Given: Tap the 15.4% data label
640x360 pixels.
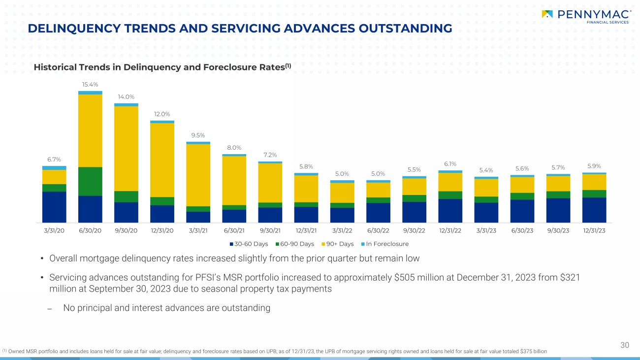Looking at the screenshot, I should [x=90, y=85].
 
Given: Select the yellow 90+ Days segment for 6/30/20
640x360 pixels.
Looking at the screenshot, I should [x=90, y=131].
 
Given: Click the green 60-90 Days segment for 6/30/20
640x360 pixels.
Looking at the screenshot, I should [x=90, y=181].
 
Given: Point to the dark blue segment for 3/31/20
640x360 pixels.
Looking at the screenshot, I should [x=54, y=207].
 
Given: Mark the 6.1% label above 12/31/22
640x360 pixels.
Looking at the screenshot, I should [x=450, y=164].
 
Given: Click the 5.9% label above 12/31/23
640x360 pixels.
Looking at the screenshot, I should [x=594, y=166].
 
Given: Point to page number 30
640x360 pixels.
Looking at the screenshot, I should [x=625, y=345].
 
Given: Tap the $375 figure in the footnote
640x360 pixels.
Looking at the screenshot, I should [x=524, y=351].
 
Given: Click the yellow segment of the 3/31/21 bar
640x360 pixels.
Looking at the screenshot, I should [x=198, y=175].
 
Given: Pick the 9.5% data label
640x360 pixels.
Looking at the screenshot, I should [x=198, y=135].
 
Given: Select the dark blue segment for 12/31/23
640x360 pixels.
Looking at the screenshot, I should [x=594, y=210].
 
